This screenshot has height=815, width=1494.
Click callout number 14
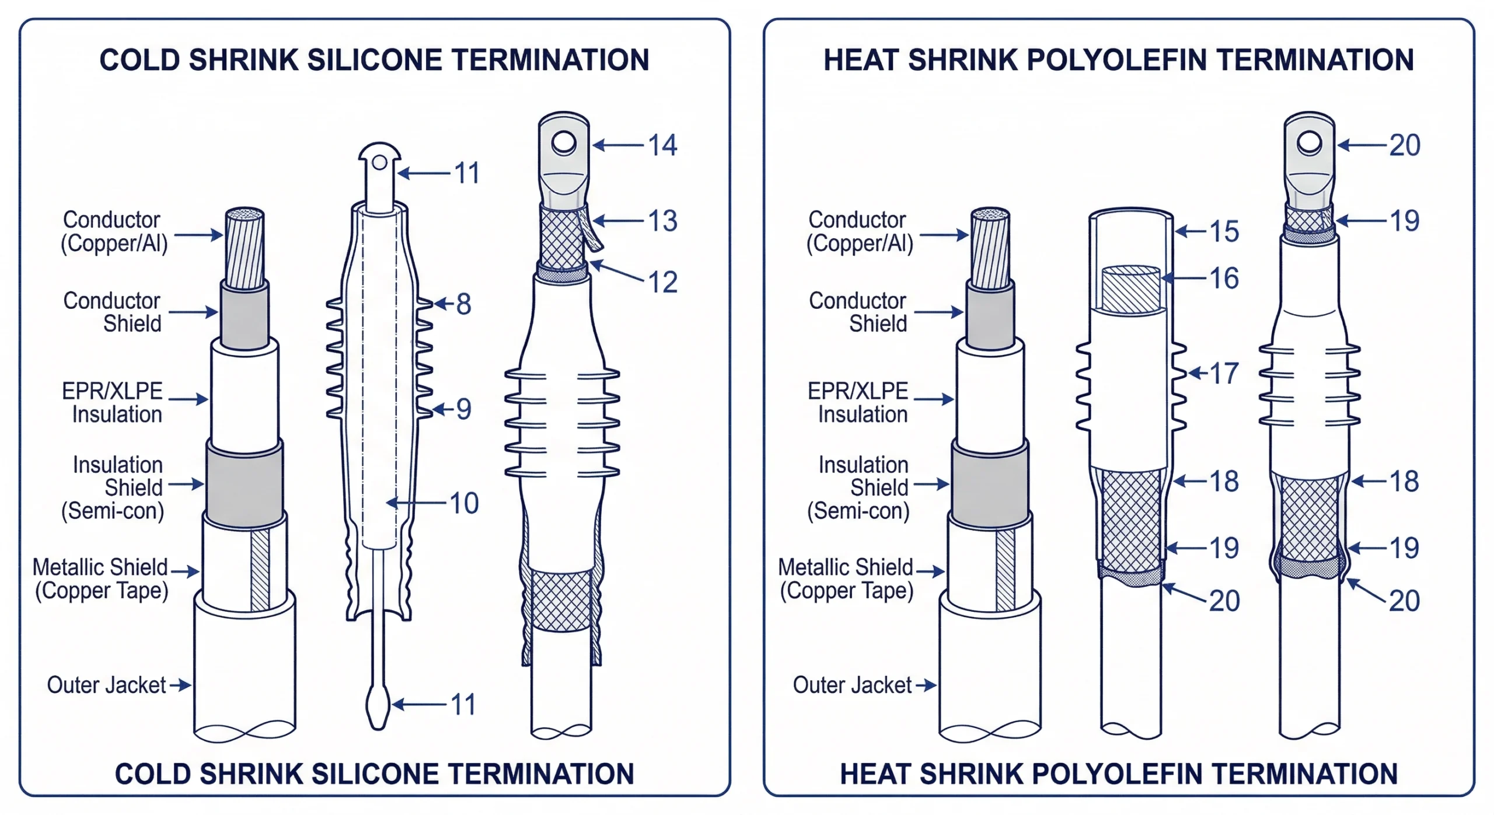662,145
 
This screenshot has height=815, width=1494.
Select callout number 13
662,221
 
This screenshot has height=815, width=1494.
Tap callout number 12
662,282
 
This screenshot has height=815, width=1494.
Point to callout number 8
463,304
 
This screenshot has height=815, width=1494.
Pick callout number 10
464,503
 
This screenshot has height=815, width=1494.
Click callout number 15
1224,231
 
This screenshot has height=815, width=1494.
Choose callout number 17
1224,373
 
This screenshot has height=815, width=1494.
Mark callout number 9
463,409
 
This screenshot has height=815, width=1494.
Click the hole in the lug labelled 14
564,142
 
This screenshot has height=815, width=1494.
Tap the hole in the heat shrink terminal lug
1309,142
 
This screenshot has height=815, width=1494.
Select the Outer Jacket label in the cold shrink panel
106,685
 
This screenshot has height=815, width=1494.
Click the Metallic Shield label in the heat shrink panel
846,578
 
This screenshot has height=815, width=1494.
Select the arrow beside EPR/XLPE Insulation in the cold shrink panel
188,399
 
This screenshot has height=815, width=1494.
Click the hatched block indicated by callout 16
1130,290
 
